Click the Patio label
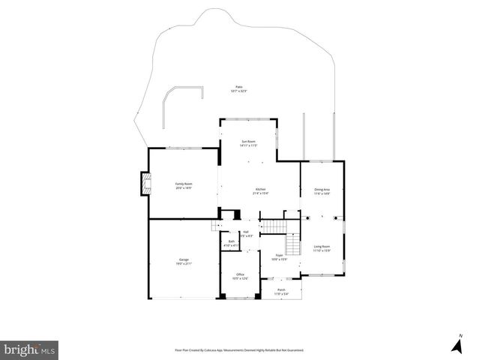(x=239, y=87)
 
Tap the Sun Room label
(x=248, y=142)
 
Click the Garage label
(x=184, y=259)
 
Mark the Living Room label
(x=322, y=247)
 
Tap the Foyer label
(x=278, y=256)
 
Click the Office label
(x=241, y=274)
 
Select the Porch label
(x=281, y=289)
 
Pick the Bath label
(x=232, y=241)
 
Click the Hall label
(x=246, y=232)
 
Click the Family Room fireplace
(x=145, y=184)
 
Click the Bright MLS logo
(x=30, y=349)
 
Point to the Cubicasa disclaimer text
(x=239, y=349)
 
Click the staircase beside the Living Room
(x=292, y=244)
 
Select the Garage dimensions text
(x=184, y=264)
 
